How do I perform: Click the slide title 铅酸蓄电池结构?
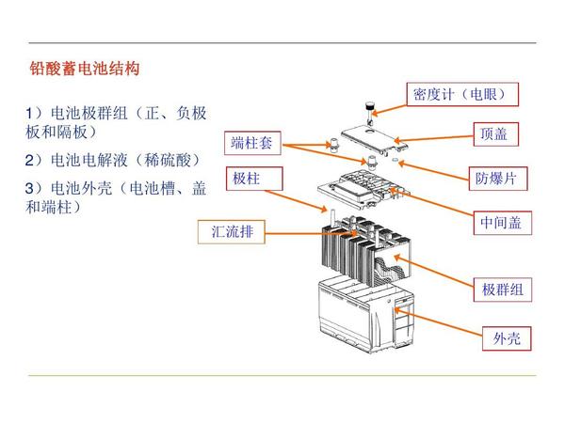85,69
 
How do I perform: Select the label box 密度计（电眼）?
462,94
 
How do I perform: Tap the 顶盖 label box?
496,134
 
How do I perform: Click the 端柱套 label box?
252,143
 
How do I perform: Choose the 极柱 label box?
254,179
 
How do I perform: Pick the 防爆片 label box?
498,179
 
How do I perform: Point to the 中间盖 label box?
502,223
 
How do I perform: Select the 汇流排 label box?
232,231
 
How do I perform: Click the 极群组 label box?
502,290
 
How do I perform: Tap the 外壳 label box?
507,338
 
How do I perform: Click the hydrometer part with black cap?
369,113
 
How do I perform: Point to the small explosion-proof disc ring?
395,160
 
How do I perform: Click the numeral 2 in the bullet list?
29,161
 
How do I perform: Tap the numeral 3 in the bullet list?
29,189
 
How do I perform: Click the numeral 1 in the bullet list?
29,114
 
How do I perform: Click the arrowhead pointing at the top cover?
396,140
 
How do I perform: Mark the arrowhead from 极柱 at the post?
324,209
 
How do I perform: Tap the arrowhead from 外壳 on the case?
398,309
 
